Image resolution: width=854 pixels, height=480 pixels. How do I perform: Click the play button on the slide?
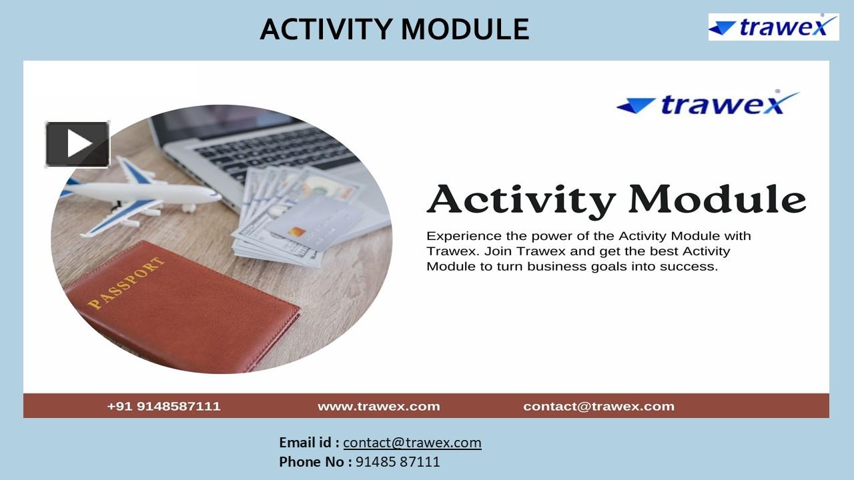pos(77,144)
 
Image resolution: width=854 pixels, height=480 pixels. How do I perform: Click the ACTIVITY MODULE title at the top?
pos(394,29)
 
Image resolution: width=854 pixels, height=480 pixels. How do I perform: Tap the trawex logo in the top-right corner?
pos(773,27)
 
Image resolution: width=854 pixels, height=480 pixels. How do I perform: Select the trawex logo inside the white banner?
pos(708,104)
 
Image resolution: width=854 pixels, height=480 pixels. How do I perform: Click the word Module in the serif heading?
pos(717,199)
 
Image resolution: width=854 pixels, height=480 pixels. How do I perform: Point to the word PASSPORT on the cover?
pos(126,283)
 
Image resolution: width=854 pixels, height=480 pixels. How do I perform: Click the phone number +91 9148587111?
pos(163,406)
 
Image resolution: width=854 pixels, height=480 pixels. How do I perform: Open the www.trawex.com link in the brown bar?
pos(378,406)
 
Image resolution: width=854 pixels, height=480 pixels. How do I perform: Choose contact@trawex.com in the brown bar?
pos(598,406)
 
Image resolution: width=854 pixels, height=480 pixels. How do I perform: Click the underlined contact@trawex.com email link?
pos(412,443)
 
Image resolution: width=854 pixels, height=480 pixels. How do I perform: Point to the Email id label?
pos(309,443)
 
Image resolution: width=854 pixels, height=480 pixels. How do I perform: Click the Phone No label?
pos(315,461)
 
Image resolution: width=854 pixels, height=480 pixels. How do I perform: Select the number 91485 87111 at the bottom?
pos(398,461)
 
